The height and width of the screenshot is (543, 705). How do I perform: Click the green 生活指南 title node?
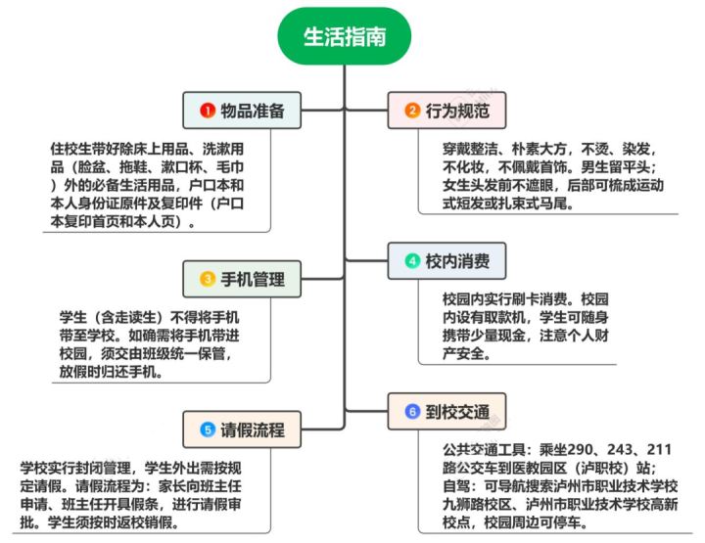point(345,36)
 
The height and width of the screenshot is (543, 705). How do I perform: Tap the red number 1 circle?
point(208,111)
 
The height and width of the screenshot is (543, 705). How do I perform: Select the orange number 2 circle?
point(412,110)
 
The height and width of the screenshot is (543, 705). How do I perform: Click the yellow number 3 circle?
point(208,279)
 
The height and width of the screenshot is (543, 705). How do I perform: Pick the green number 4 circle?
point(412,261)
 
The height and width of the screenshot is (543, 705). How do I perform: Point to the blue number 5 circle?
point(208,430)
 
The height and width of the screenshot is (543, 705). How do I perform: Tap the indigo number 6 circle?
point(412,411)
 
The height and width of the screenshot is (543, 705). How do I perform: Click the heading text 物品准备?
point(253,111)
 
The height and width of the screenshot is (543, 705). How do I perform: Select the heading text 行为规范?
point(457,111)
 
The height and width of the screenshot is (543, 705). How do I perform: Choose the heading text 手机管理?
point(253,280)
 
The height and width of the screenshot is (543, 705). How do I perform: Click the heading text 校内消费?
point(457,261)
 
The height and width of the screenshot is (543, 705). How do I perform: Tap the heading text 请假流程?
point(253,430)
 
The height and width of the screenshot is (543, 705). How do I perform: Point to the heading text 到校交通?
point(457,412)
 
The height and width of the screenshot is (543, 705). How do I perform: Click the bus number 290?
point(581,450)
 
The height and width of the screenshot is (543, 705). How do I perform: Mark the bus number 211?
point(659,450)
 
